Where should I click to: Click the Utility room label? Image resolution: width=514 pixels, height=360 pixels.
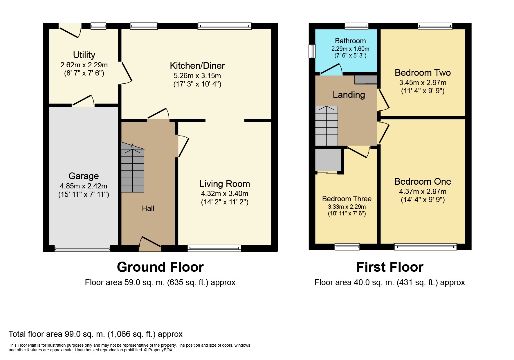click(84, 55)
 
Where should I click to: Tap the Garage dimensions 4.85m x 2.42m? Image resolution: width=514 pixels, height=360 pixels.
click(84, 186)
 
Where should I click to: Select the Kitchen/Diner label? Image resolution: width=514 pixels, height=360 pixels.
click(197, 66)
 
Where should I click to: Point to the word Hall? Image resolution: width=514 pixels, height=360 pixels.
click(148, 208)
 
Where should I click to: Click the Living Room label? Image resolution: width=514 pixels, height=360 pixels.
click(225, 184)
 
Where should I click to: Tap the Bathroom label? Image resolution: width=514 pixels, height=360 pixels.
click(350, 41)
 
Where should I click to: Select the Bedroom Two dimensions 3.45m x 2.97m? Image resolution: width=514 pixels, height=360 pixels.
click(423, 83)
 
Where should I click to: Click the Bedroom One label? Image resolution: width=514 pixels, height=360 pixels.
click(423, 181)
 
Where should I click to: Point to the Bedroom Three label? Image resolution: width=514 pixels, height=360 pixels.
click(347, 199)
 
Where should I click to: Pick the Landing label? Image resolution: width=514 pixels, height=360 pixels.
click(349, 95)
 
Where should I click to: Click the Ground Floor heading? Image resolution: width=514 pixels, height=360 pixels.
click(160, 267)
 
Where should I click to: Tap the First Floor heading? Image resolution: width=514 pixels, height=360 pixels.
click(390, 267)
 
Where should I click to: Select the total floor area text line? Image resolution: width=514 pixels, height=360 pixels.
click(95, 334)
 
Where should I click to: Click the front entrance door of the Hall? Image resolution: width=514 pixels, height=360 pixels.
click(150, 244)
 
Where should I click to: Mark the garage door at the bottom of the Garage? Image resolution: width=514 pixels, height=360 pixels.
click(83, 248)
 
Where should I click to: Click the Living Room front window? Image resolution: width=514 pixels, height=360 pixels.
click(214, 248)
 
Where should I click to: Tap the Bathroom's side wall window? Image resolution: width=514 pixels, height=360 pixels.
click(312, 51)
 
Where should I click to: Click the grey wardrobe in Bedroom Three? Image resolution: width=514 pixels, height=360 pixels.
click(328, 161)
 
